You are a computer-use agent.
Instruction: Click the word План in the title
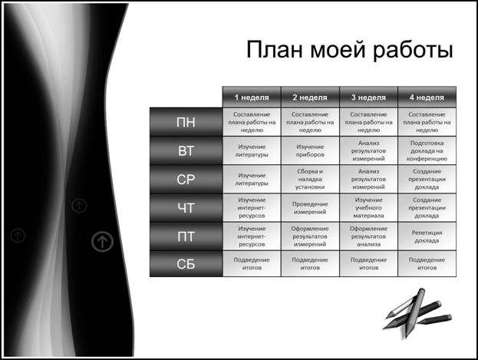(275, 49)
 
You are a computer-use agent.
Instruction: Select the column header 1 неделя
(252, 97)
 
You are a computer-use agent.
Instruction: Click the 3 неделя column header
(368, 97)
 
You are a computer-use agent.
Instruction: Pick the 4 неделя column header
(427, 97)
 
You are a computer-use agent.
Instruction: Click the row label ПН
(186, 122)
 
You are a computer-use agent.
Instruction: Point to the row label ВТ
(186, 150)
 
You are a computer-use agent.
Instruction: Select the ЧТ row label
(186, 208)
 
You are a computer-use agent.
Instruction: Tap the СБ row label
(186, 264)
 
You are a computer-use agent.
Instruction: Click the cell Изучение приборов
(310, 150)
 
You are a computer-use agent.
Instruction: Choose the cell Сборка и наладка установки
(310, 179)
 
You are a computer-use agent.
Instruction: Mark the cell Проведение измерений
(310, 208)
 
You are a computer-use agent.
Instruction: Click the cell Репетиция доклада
(427, 236)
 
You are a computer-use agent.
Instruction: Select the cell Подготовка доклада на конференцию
(427, 150)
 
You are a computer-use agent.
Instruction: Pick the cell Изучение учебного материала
(368, 208)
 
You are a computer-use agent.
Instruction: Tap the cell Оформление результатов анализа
(368, 236)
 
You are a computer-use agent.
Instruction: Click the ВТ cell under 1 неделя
(252, 150)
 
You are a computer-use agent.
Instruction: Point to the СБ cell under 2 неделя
(310, 264)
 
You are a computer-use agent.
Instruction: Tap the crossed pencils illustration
(417, 313)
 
